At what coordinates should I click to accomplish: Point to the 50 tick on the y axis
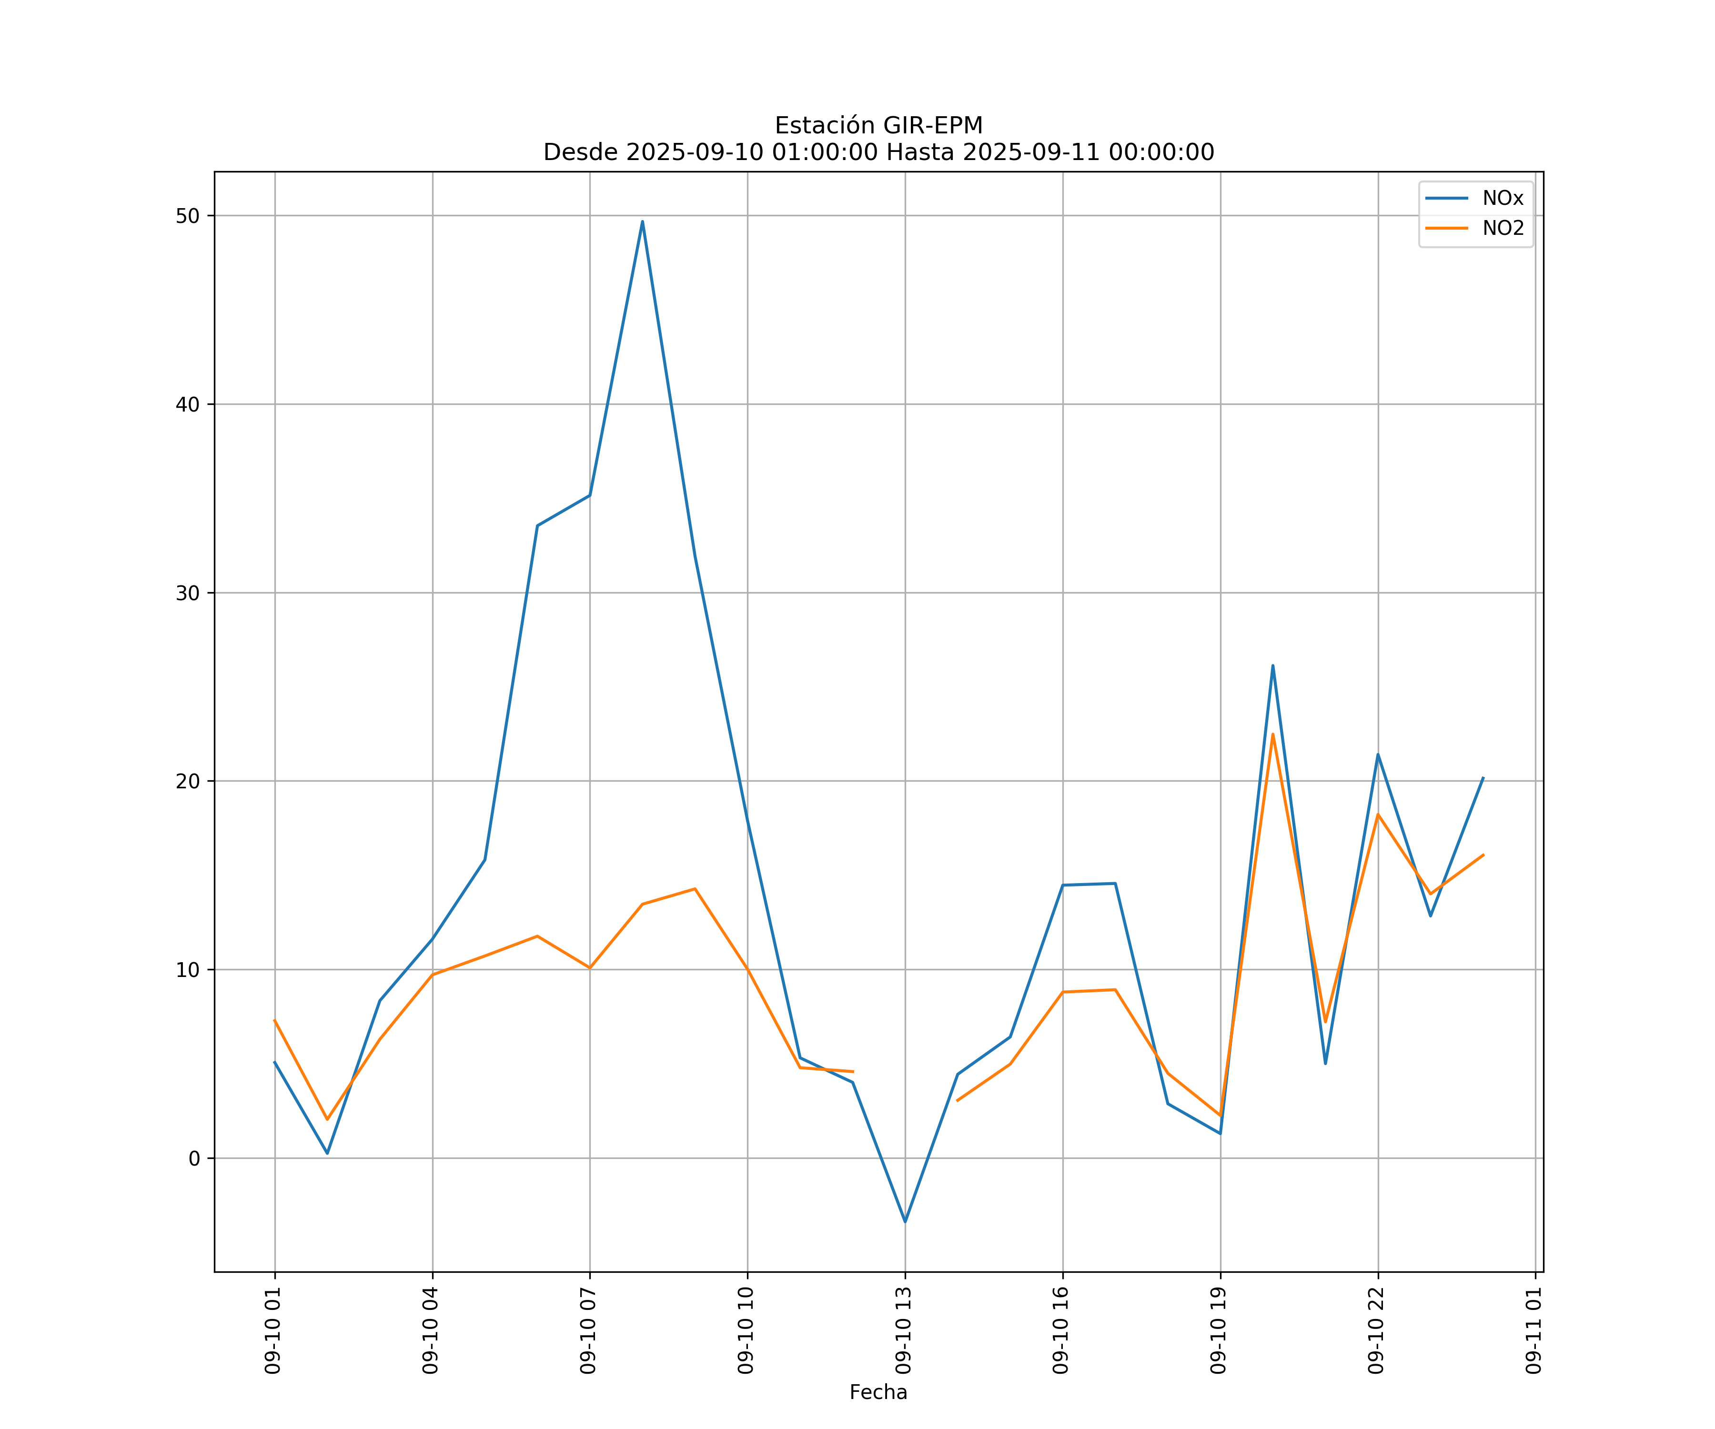188,216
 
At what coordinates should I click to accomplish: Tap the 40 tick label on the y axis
188,404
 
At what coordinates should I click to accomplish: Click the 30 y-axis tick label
188,593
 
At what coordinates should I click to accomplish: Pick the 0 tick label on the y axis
193,1158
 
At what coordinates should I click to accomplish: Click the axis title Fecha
878,1392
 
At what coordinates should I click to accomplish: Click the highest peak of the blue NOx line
643,221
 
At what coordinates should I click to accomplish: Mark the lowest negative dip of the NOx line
905,1222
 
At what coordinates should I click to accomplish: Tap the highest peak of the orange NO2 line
1272,734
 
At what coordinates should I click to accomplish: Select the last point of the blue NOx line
1483,778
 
